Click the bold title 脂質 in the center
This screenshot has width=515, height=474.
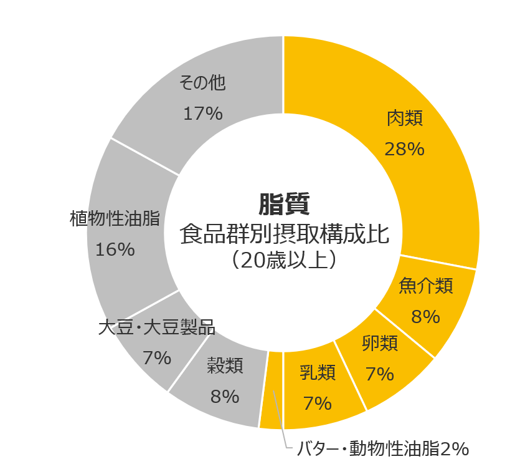pos(284,203)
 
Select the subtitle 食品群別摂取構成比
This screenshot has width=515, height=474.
pos(284,235)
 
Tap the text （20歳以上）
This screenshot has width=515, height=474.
pos(284,260)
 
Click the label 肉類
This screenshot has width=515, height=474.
pos(405,119)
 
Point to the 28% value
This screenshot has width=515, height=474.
pos(405,149)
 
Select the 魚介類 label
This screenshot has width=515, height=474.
pos(426,286)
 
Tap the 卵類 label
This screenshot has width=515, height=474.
pos(380,343)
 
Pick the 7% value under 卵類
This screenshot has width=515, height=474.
pos(380,374)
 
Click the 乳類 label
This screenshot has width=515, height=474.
pos(318,373)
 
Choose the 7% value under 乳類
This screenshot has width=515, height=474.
pos(318,404)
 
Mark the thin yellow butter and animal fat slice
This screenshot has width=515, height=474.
pos(272,390)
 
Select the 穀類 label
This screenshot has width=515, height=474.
pos(225,365)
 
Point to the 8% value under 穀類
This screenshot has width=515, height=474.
pos(225,396)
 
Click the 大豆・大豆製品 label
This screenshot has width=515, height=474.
pos(156,327)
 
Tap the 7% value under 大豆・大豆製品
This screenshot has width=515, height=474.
pos(156,358)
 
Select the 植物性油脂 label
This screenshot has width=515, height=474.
pos(115,218)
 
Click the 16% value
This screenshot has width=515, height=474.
pos(115,249)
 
